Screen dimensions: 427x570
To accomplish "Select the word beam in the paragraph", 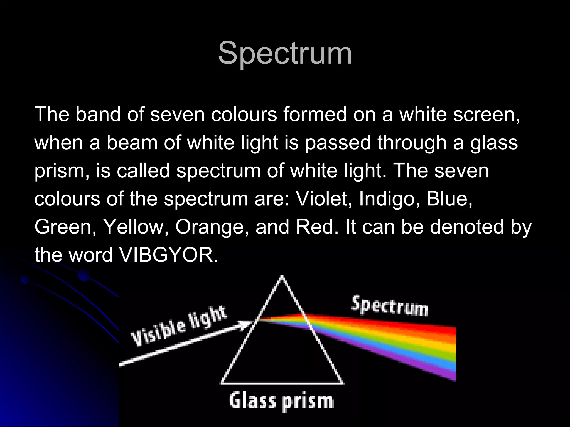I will point(132,142).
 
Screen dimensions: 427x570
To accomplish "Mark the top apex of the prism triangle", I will point(282,277).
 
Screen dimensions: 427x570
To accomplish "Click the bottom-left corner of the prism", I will point(222,383).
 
